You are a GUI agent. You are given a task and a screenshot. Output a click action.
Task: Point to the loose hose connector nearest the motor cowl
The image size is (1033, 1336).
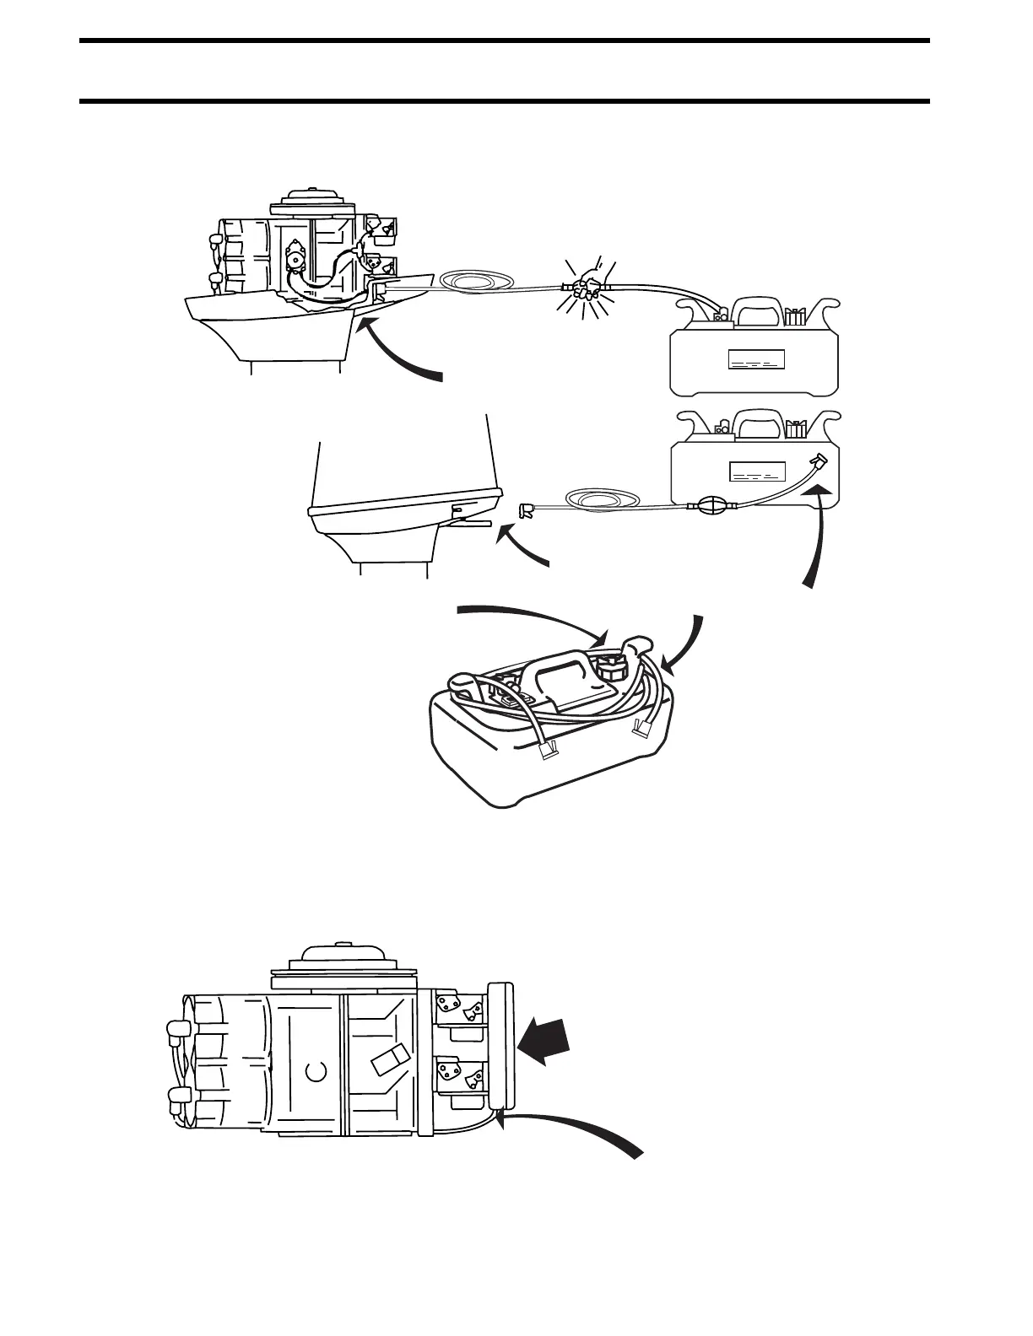526,509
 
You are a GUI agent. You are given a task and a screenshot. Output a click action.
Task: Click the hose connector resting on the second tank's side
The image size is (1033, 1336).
817,461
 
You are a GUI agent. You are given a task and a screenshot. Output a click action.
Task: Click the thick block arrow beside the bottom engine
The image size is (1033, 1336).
545,1041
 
